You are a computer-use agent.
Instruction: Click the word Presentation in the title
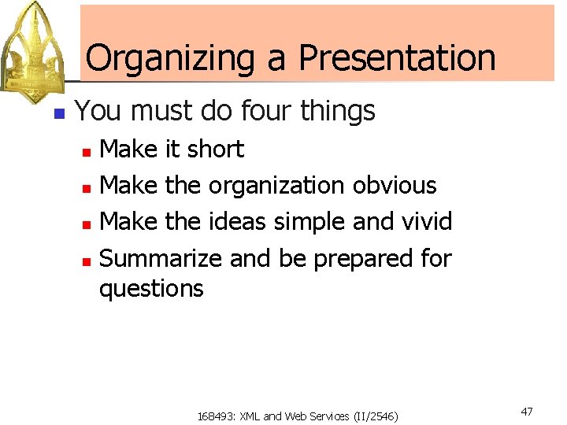(x=397, y=58)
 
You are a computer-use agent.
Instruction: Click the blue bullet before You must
(x=57, y=113)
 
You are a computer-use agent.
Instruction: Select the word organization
(x=276, y=186)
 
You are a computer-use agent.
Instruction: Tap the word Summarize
(x=162, y=258)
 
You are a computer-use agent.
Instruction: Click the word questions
(x=151, y=289)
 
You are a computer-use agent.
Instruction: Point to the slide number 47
(x=527, y=412)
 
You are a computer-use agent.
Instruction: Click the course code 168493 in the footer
(x=213, y=416)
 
